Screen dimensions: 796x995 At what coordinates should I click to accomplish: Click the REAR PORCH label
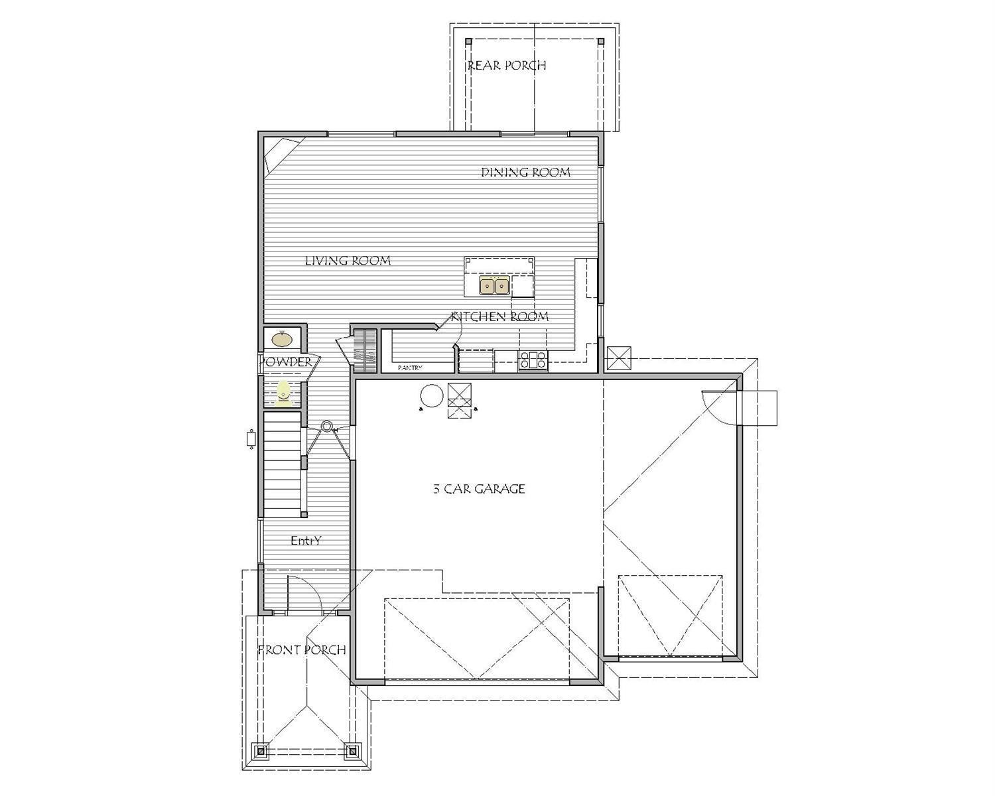507,66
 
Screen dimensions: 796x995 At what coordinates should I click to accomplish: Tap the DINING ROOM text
525,172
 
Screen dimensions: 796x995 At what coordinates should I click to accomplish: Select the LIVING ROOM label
348,261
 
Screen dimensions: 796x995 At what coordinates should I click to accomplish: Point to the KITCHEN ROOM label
499,316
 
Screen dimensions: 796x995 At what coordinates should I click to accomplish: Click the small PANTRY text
410,367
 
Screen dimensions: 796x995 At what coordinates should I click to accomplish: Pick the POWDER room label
286,362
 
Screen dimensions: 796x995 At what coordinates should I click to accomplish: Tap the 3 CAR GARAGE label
479,490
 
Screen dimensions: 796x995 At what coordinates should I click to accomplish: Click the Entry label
306,541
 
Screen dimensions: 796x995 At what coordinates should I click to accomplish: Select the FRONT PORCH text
302,650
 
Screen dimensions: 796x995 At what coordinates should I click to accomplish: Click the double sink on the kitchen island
495,287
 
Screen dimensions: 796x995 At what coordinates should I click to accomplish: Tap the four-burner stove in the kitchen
533,360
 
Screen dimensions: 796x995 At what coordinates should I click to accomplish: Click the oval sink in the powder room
282,339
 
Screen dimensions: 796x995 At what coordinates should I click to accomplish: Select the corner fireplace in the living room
280,154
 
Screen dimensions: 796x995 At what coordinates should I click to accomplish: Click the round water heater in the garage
431,397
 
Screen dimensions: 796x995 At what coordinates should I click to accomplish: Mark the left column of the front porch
261,752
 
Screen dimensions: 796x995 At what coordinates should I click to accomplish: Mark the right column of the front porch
352,752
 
